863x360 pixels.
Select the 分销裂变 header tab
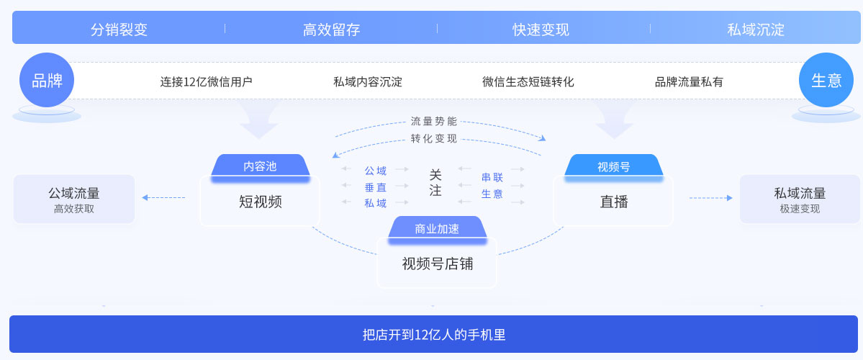(119, 30)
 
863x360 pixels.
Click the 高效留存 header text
(331, 30)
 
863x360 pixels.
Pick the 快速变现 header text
(541, 30)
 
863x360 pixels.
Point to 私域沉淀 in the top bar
(756, 30)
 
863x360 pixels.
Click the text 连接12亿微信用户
(206, 82)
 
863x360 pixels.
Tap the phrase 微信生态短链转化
(528, 82)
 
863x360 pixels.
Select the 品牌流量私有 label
(689, 82)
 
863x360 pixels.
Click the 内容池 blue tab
(260, 166)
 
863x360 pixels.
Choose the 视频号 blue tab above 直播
(613, 166)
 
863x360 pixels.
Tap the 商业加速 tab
(437, 229)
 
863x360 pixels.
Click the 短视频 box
(260, 202)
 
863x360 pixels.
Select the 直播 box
(613, 202)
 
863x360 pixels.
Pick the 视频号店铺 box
(437, 264)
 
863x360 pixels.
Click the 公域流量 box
(74, 199)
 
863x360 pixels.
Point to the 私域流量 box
(800, 199)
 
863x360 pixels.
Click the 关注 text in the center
(435, 183)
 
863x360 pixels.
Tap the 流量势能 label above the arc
(433, 121)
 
